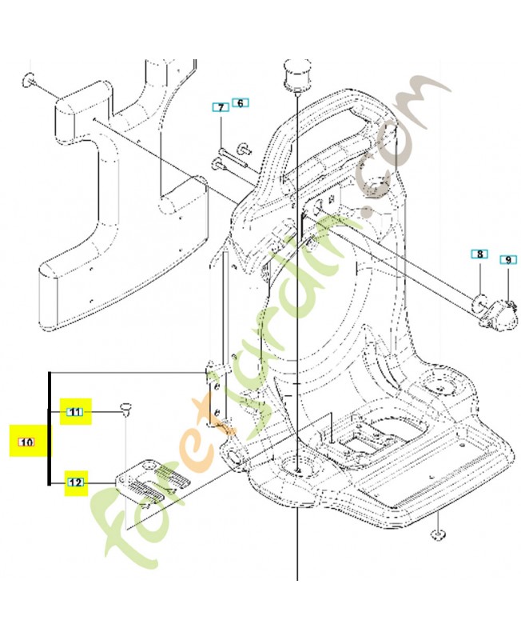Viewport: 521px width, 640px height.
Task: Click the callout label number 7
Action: click(221, 108)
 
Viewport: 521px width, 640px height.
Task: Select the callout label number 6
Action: click(240, 103)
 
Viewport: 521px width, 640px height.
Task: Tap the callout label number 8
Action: click(479, 254)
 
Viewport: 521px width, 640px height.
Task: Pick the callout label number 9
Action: click(508, 259)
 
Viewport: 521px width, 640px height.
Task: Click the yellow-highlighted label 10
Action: click(27, 442)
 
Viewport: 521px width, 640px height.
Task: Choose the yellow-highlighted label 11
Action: click(75, 412)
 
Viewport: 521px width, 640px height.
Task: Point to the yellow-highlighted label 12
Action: click(75, 482)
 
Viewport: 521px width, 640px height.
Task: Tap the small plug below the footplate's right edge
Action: click(438, 534)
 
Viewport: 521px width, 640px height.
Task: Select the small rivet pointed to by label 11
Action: click(125, 408)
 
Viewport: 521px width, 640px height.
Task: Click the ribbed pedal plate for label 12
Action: click(152, 484)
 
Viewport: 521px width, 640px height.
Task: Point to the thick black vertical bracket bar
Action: click(50, 428)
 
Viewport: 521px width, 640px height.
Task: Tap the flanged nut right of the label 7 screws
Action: click(245, 150)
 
